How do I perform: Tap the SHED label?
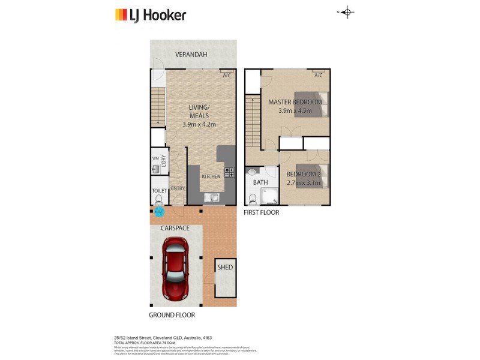click(225, 268)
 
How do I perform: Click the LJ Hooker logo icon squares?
click(121, 15)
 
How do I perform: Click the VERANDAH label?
click(191, 55)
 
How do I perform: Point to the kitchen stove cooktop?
click(229, 173)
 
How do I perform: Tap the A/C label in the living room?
click(226, 76)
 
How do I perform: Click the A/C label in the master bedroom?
click(318, 76)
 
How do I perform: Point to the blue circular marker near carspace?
click(158, 211)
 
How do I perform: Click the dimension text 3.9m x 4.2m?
click(199, 124)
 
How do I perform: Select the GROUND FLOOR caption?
click(172, 315)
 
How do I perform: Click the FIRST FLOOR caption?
click(261, 212)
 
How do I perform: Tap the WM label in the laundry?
click(155, 158)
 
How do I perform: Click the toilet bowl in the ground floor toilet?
click(158, 198)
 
